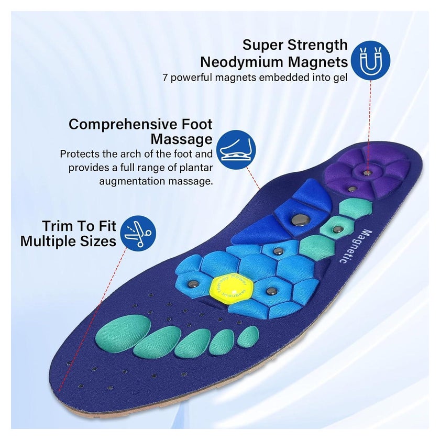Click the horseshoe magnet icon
371,61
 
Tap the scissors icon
138,233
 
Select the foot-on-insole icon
237,150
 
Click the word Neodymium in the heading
242,62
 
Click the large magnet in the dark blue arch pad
300,219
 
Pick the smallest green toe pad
248,336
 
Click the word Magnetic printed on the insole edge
355,246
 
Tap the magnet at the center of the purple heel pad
367,172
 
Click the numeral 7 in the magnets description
166,78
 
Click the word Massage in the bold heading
182,139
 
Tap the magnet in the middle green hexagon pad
336,230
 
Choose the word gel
340,78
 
